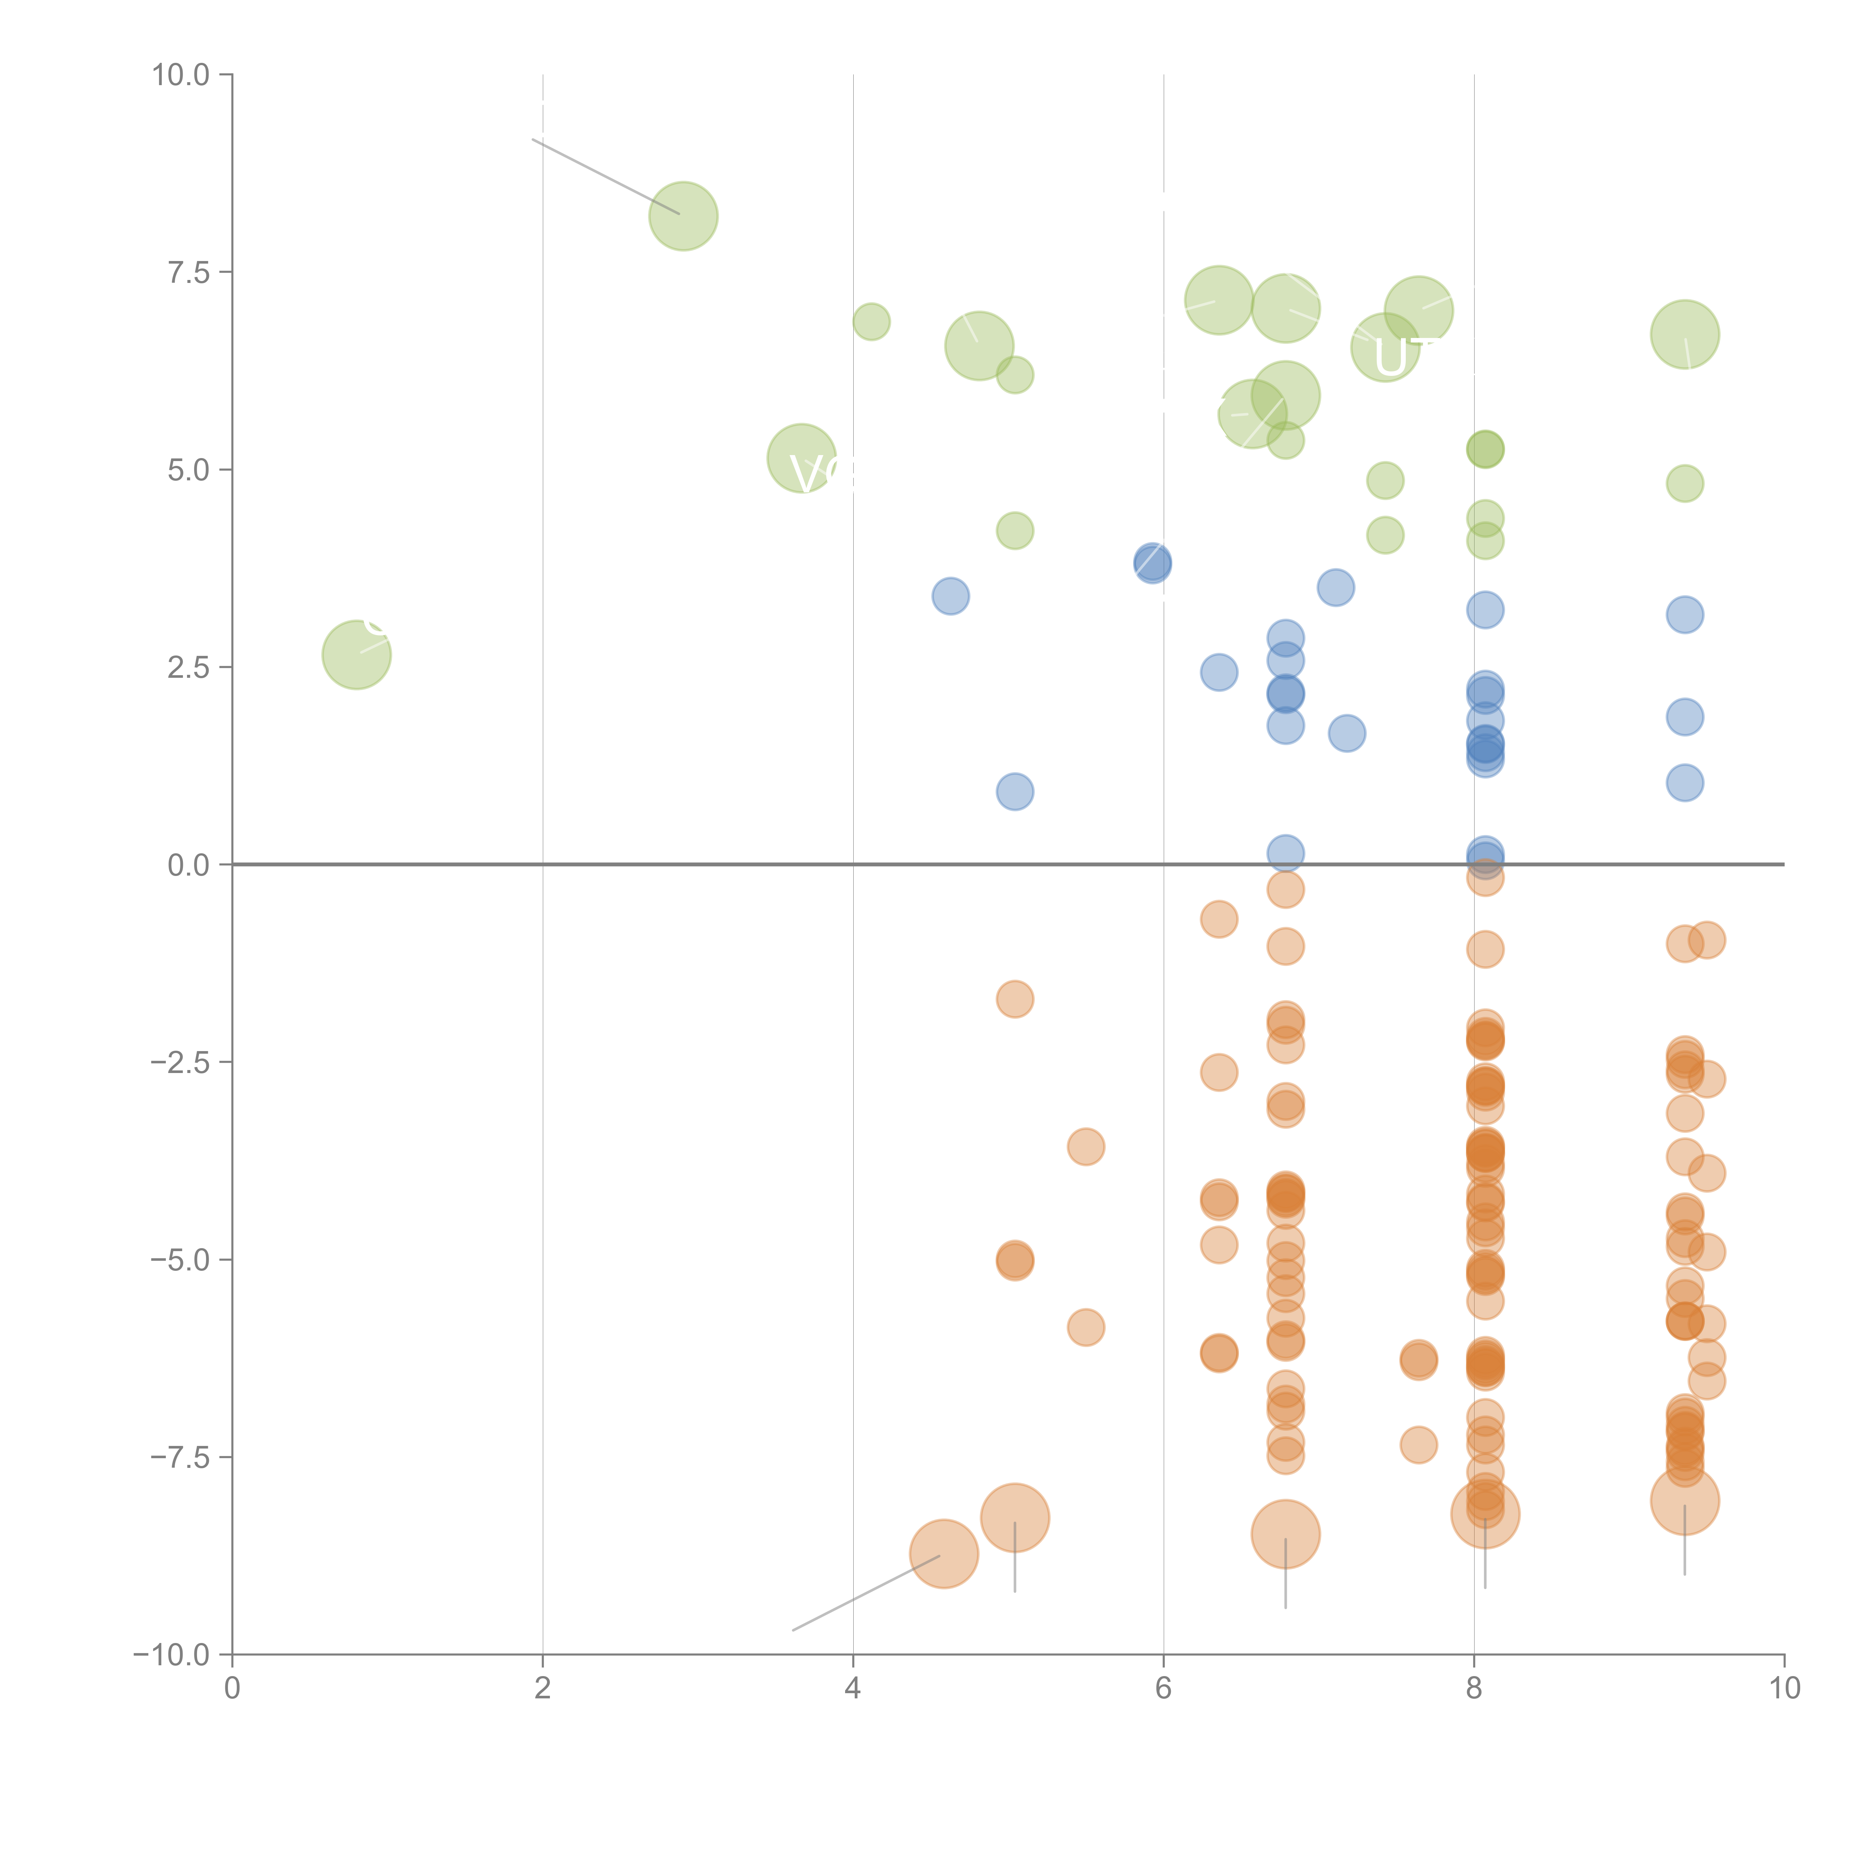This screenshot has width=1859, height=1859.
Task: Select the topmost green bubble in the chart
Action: coord(683,216)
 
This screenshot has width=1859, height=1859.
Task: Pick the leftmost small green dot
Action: coord(871,321)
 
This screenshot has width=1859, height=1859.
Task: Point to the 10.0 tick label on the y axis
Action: coord(181,75)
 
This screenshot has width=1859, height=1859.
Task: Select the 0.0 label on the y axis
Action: coord(189,865)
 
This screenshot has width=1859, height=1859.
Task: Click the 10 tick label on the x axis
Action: coord(1784,1688)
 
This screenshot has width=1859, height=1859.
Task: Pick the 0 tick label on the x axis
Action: coord(232,1688)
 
